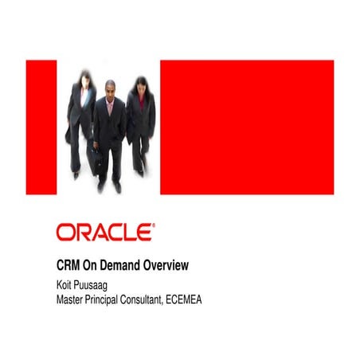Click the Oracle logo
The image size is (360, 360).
[x=104, y=233]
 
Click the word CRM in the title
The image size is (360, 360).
[x=69, y=265]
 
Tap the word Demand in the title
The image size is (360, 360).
[x=124, y=265]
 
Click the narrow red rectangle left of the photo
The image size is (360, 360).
[x=41, y=127]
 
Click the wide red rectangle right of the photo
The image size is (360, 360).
[x=246, y=127]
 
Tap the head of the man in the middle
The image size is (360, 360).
[x=109, y=89]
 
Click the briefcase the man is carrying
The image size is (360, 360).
[x=96, y=164]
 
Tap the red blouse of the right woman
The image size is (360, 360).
[x=142, y=102]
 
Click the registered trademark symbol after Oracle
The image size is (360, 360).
[x=154, y=225]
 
